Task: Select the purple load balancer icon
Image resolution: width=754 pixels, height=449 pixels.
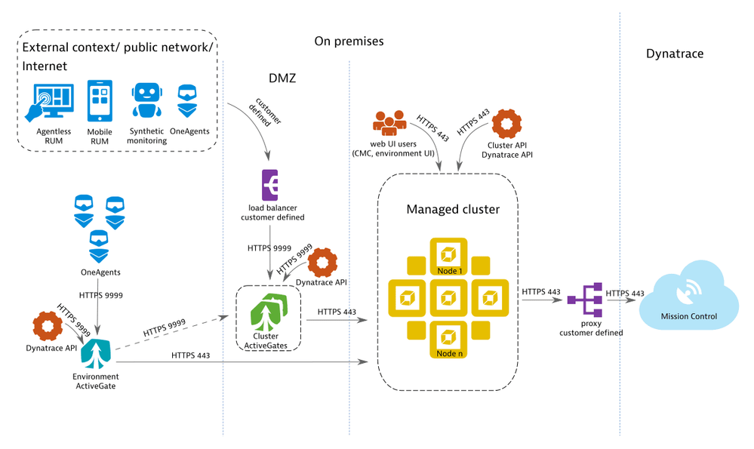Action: pyautogui.click(x=270, y=185)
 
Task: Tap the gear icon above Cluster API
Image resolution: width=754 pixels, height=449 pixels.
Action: pyautogui.click(x=506, y=125)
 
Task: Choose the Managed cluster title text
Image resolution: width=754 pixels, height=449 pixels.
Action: pyautogui.click(x=453, y=209)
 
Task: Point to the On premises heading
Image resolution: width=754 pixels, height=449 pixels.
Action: pyautogui.click(x=349, y=42)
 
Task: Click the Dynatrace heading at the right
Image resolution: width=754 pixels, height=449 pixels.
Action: pyautogui.click(x=674, y=54)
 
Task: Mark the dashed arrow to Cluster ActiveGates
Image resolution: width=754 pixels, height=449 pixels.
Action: pyautogui.click(x=174, y=328)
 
